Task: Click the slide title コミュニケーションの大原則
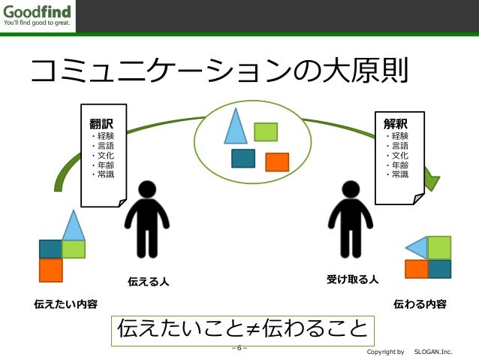click(218, 72)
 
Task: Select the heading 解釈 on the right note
click(395, 123)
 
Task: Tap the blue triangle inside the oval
click(235, 128)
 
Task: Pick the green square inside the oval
click(266, 132)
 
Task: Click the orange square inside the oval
click(277, 162)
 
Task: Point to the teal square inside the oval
click(243, 159)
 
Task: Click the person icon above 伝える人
click(147, 219)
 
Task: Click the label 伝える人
click(148, 282)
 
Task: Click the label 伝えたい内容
click(66, 304)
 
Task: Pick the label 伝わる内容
click(420, 304)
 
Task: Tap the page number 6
click(239, 348)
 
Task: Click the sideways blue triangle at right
click(416, 247)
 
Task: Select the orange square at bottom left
click(50, 269)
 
